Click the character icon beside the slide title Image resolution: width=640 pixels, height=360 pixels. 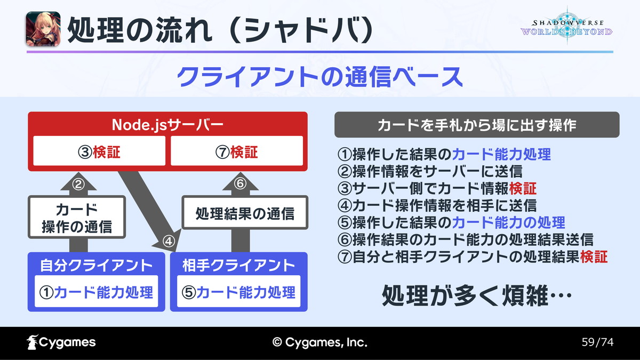[43, 29]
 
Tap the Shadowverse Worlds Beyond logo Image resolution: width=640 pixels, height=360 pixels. [566, 27]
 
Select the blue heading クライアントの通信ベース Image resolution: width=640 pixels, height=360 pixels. [319, 77]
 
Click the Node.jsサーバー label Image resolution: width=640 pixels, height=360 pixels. [167, 125]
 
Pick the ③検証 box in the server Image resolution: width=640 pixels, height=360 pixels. [99, 151]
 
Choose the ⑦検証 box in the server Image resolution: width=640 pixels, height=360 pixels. [237, 151]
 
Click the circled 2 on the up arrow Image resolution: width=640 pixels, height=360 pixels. [78, 185]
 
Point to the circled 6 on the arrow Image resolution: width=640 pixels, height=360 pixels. [241, 183]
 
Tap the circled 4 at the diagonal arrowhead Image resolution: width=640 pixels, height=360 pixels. [169, 242]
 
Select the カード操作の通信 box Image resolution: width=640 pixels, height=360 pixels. [77, 217]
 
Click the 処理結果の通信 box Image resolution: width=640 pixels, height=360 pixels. [245, 213]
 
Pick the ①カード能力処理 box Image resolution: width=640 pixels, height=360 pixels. [97, 291]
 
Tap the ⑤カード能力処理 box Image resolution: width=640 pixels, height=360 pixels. [238, 291]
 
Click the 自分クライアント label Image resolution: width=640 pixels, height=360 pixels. [97, 265]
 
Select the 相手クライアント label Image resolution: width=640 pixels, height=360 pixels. [238, 265]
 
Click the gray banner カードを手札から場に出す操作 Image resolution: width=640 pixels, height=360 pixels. [477, 125]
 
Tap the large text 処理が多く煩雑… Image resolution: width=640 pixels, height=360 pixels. [477, 295]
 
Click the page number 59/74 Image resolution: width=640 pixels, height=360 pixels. [597, 342]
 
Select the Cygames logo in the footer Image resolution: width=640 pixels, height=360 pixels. [61, 342]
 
